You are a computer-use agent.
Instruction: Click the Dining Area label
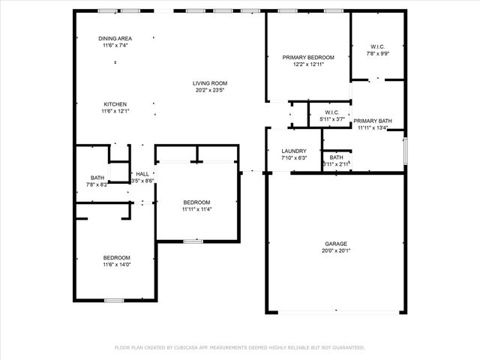coord(115,38)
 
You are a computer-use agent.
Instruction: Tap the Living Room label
coord(209,83)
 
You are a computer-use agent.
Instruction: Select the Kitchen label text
coord(115,104)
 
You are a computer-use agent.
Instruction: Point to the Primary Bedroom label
coord(308,58)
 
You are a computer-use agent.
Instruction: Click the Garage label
coord(335,244)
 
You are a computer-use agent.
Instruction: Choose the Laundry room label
coord(294,151)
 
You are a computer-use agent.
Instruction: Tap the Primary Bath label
coord(373,121)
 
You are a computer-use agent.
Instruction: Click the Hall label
coord(142,174)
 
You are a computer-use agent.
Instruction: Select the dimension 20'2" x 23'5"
coord(209,90)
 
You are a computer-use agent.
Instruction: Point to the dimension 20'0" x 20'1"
coord(335,250)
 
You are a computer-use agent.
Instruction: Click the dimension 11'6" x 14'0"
coord(116,265)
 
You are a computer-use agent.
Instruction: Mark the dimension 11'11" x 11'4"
coord(196,209)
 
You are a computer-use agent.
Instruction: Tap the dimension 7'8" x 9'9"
coord(377,53)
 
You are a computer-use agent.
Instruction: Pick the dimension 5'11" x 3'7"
coord(332,119)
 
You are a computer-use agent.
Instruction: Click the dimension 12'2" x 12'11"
coord(308,64)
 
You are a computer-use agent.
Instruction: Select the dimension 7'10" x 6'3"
coord(294,157)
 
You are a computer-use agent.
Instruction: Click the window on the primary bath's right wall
coord(405,150)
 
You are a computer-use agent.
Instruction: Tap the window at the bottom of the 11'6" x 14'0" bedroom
coord(114,300)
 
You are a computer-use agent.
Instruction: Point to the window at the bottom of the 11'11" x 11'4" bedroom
coord(193,241)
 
